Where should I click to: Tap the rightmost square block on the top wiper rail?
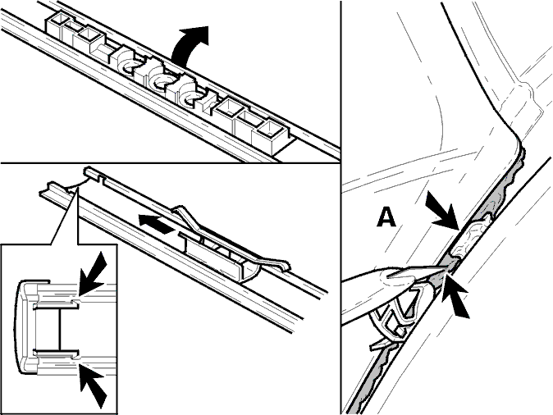(x=271, y=136)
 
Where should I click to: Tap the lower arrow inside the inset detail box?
(x=92, y=385)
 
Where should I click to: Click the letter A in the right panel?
(x=386, y=217)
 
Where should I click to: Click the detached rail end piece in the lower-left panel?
(x=57, y=189)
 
